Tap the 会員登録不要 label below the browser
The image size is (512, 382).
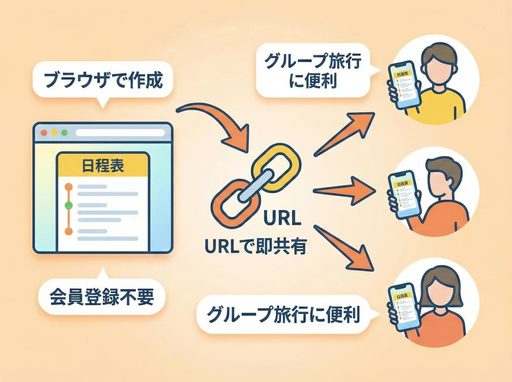(102, 298)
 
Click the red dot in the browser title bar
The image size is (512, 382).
(43, 133)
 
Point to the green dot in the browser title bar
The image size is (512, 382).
(63, 133)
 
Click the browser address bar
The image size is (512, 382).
(120, 133)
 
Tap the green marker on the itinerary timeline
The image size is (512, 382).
(69, 205)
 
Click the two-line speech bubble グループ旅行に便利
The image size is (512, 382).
(313, 71)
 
